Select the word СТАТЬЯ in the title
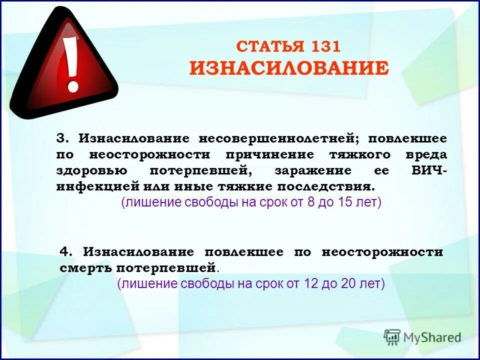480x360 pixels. [270, 47]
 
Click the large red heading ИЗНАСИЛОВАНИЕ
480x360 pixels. [289, 68]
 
